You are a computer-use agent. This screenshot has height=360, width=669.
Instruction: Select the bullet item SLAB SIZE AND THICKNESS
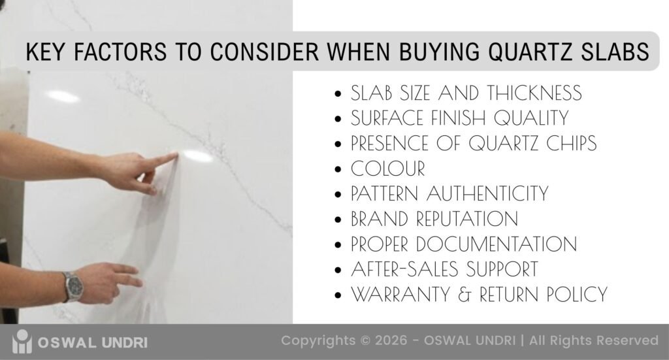click(466, 93)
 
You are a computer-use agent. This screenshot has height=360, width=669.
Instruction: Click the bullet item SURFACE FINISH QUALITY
click(459, 118)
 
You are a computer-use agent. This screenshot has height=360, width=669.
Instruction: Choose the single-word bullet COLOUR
click(387, 169)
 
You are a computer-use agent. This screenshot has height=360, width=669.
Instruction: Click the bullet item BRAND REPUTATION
click(434, 219)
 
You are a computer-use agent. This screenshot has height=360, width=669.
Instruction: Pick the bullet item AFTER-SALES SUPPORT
click(444, 269)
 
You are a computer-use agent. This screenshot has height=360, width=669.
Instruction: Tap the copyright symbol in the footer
click(363, 340)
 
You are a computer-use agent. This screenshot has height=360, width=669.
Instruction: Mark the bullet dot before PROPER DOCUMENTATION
click(338, 246)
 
